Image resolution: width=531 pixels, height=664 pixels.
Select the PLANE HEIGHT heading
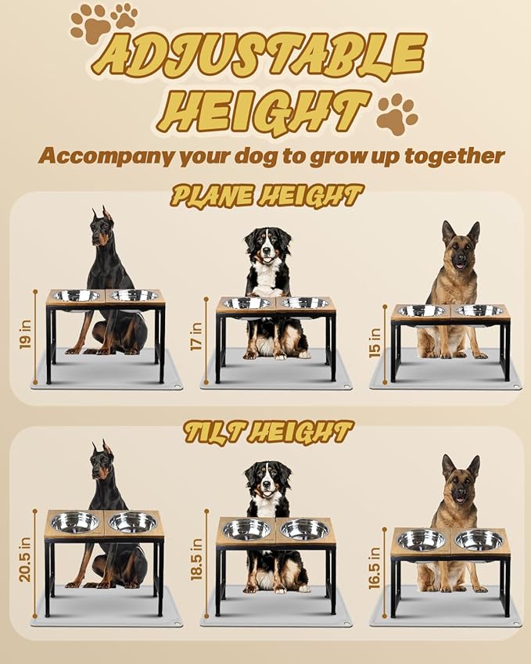(x=267, y=196)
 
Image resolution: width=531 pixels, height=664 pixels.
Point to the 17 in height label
(x=196, y=337)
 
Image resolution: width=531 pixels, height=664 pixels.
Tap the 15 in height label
(x=373, y=341)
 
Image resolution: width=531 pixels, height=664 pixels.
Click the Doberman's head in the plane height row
(x=102, y=227)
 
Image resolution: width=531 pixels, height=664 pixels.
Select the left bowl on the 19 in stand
(x=76, y=296)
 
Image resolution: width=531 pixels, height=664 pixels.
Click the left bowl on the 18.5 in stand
(x=246, y=529)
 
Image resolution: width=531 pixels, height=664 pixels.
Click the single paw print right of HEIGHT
(x=396, y=115)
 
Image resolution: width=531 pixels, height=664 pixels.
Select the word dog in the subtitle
(x=257, y=156)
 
